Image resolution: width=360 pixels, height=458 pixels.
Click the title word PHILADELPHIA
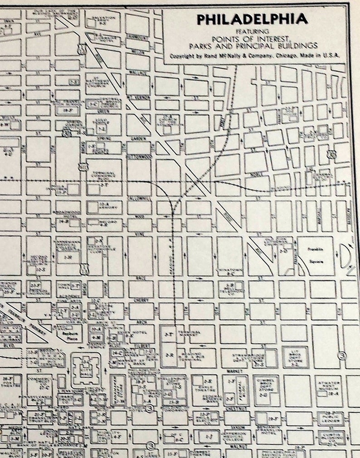pos(252,19)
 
